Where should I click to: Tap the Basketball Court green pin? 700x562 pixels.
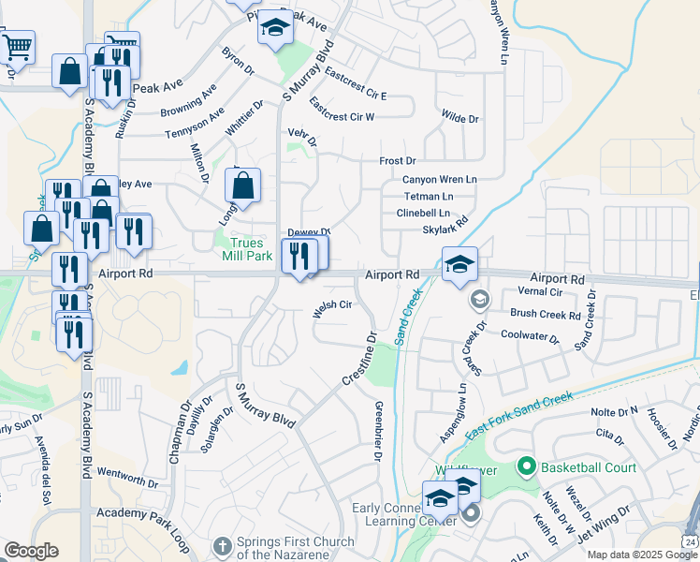pos(527,466)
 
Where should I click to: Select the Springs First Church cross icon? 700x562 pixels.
pos(221,544)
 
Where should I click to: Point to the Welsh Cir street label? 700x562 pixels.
pos(332,305)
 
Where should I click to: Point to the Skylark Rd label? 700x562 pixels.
pos(445,229)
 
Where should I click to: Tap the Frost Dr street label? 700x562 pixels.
pos(398,162)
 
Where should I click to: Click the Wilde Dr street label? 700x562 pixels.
pos(459,119)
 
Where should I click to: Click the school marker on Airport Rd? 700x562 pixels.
pos(459,265)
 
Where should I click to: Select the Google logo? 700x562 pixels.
pos(31,551)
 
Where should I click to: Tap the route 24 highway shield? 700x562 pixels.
pos(690,541)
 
